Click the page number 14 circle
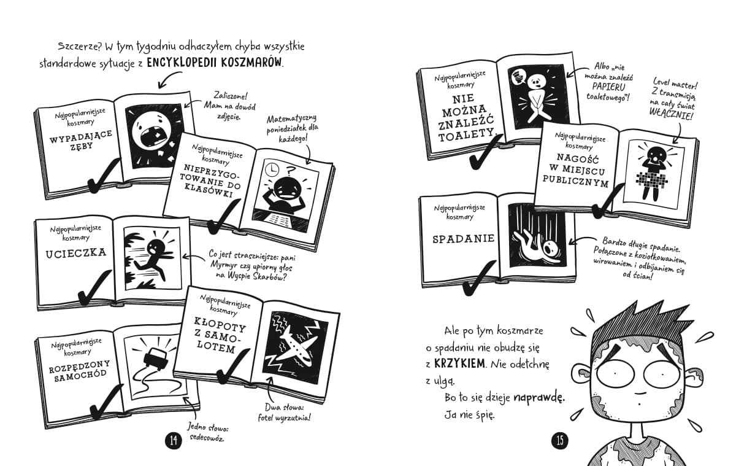coord(174,440)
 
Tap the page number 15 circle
coord(560,440)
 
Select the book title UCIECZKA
coord(76,253)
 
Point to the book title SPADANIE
coord(463,239)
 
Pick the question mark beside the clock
coord(290,171)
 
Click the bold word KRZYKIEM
coord(459,363)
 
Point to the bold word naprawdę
coord(539,398)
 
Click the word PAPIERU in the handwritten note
coord(608,87)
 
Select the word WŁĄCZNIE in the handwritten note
coord(671,114)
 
